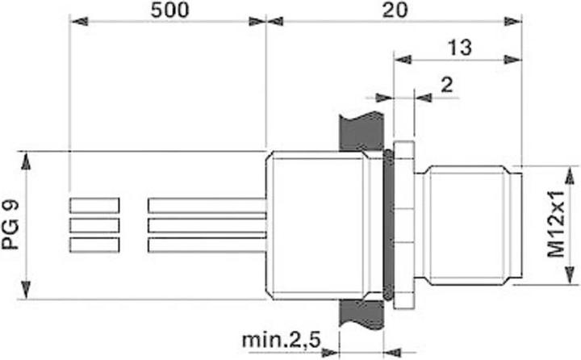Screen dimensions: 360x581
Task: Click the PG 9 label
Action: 10,225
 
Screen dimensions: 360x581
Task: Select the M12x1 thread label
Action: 557,225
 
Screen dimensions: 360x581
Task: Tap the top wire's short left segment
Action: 94,205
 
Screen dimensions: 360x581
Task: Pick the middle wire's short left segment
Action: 94,225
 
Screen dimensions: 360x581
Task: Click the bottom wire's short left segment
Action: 94,245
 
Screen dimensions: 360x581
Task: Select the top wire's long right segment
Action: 207,205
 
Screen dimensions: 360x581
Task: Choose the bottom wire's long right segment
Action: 207,245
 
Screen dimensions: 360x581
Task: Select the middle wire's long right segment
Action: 207,225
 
